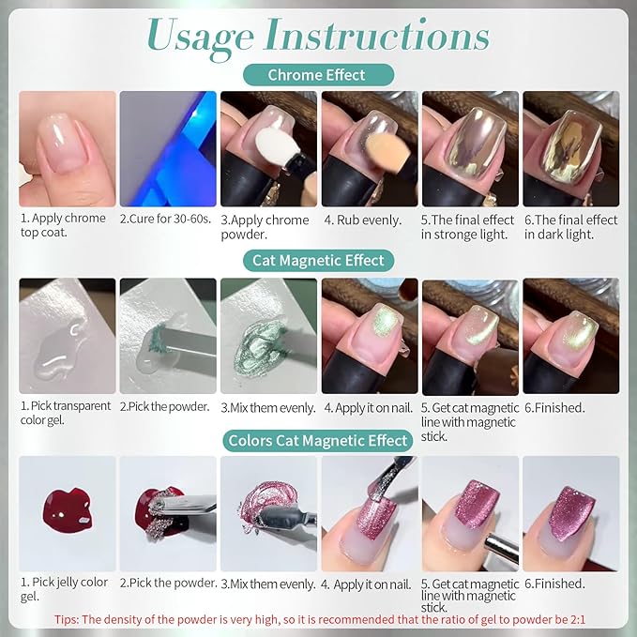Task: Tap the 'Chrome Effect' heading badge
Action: pyautogui.click(x=318, y=75)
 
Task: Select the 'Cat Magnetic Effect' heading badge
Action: pyautogui.click(x=318, y=261)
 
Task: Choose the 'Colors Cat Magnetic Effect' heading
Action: pyautogui.click(x=318, y=441)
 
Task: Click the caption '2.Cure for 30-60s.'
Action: pyautogui.click(x=165, y=219)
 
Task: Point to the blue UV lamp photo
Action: pyautogui.click(x=168, y=148)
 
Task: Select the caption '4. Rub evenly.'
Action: pyautogui.click(x=362, y=220)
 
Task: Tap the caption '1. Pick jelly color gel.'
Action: pyautogui.click(x=64, y=589)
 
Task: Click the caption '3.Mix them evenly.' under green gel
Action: pyautogui.click(x=268, y=408)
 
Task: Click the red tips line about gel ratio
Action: pyautogui.click(x=320, y=619)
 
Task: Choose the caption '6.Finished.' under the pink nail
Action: pyautogui.click(x=555, y=584)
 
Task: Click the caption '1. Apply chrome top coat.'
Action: pyautogui.click(x=63, y=225)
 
